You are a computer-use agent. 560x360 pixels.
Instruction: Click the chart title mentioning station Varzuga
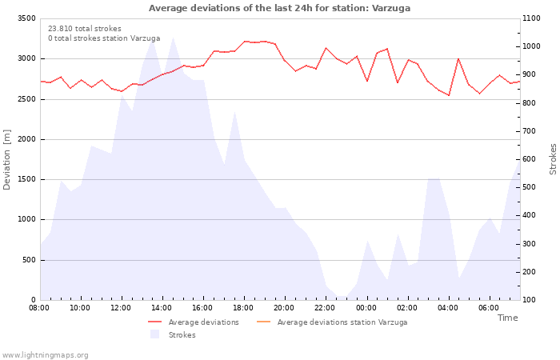click(x=279, y=8)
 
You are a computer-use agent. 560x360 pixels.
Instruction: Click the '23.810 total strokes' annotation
click(x=84, y=29)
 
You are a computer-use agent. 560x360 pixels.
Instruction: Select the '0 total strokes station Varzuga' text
click(x=104, y=38)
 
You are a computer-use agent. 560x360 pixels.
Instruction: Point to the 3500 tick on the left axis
click(x=26, y=18)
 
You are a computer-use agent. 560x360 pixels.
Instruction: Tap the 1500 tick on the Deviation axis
click(x=26, y=179)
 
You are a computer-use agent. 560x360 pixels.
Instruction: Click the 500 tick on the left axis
click(x=29, y=260)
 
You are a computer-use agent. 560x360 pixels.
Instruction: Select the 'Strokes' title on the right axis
click(x=553, y=159)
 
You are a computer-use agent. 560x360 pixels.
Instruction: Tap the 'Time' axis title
click(x=507, y=318)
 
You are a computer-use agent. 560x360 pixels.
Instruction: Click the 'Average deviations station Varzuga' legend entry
click(x=342, y=322)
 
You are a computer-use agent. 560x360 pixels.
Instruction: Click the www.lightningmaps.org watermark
click(x=46, y=355)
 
